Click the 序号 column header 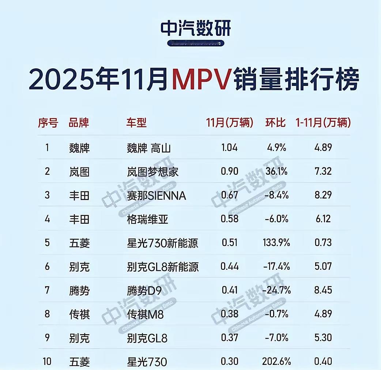(48, 123)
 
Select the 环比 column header (275, 123)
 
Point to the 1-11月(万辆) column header (323, 123)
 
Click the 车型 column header (136, 123)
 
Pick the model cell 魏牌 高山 (148, 148)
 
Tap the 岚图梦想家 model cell (152, 171)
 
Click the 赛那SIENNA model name (156, 195)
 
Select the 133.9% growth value (276, 243)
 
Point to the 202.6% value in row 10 (276, 362)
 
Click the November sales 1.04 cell (229, 148)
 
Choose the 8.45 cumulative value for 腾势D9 (322, 290)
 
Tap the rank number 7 (47, 290)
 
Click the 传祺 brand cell (79, 314)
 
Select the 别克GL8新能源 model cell (163, 267)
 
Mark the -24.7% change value (277, 290)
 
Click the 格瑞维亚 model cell (147, 219)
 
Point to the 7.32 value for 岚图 (322, 171)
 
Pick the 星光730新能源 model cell (162, 243)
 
